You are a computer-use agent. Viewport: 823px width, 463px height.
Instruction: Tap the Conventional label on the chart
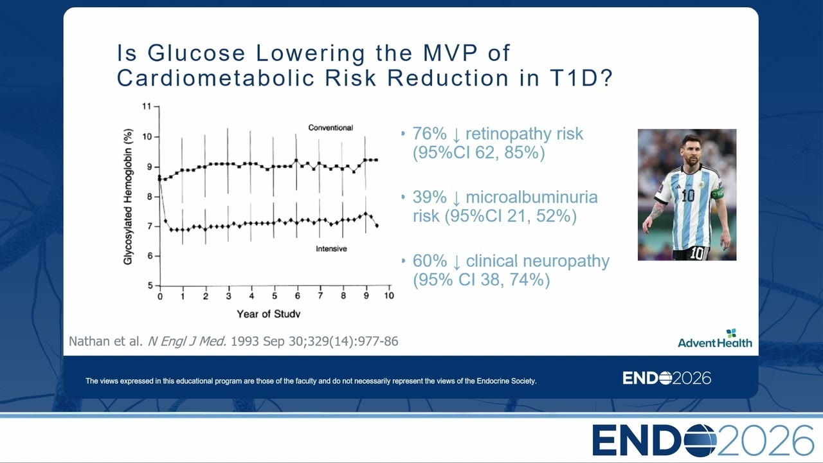[330, 127]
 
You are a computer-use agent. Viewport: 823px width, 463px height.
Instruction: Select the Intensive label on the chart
[331, 249]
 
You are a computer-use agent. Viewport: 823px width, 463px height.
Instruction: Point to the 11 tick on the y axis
[147, 106]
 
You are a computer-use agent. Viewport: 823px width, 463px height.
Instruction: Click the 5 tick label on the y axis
[150, 286]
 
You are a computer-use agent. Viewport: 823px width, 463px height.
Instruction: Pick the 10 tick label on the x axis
[389, 295]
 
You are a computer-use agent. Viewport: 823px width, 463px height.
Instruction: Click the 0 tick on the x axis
[160, 296]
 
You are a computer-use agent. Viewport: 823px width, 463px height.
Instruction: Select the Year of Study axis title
[269, 314]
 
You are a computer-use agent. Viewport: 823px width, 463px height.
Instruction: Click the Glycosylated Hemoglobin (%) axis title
[127, 197]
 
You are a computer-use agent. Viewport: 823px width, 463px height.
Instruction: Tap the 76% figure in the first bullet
[430, 133]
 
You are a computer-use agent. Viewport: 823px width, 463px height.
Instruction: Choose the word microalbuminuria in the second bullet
[532, 197]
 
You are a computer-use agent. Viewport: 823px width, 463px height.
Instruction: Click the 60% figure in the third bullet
[430, 261]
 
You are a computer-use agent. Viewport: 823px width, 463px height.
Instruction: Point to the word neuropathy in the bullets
[566, 262]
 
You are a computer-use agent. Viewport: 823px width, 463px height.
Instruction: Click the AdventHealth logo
[715, 339]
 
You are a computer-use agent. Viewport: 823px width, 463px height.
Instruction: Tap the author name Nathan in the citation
[89, 341]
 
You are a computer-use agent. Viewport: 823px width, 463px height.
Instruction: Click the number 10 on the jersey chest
[688, 196]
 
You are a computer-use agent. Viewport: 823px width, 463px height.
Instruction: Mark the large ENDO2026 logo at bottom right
[703, 440]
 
